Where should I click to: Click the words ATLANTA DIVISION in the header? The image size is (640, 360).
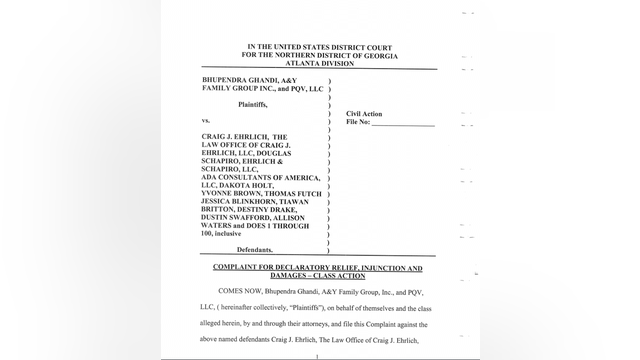(x=322, y=62)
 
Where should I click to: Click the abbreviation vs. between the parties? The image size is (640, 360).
(x=207, y=119)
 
